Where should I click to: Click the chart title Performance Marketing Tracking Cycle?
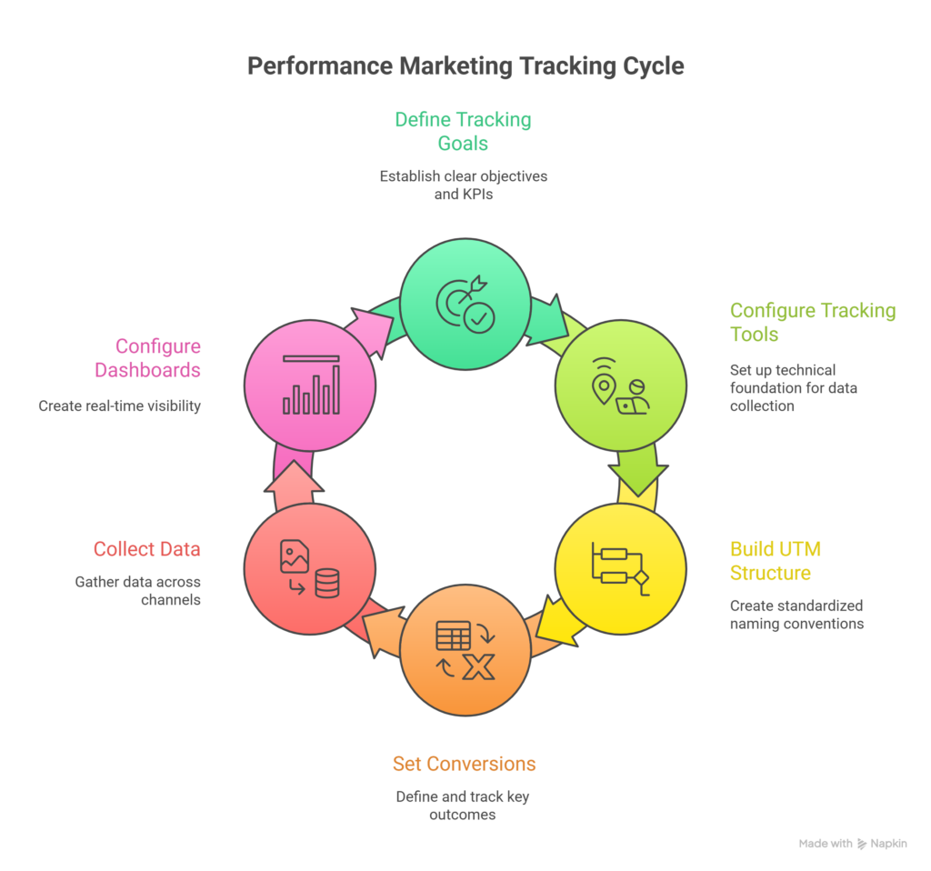[x=465, y=66]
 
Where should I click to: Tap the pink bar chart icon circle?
[x=310, y=384]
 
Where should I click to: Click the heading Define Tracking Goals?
[x=463, y=131]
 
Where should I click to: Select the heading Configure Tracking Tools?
[x=812, y=323]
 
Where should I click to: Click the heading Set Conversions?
[x=464, y=764]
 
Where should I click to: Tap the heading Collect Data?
[x=147, y=549]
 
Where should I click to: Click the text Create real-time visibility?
[x=119, y=406]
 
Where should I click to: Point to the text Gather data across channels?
[x=138, y=591]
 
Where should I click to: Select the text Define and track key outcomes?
[x=463, y=806]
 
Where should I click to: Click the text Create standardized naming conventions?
[x=796, y=615]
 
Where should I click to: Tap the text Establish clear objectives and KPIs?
[x=463, y=184]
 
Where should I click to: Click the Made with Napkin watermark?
[x=853, y=844]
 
